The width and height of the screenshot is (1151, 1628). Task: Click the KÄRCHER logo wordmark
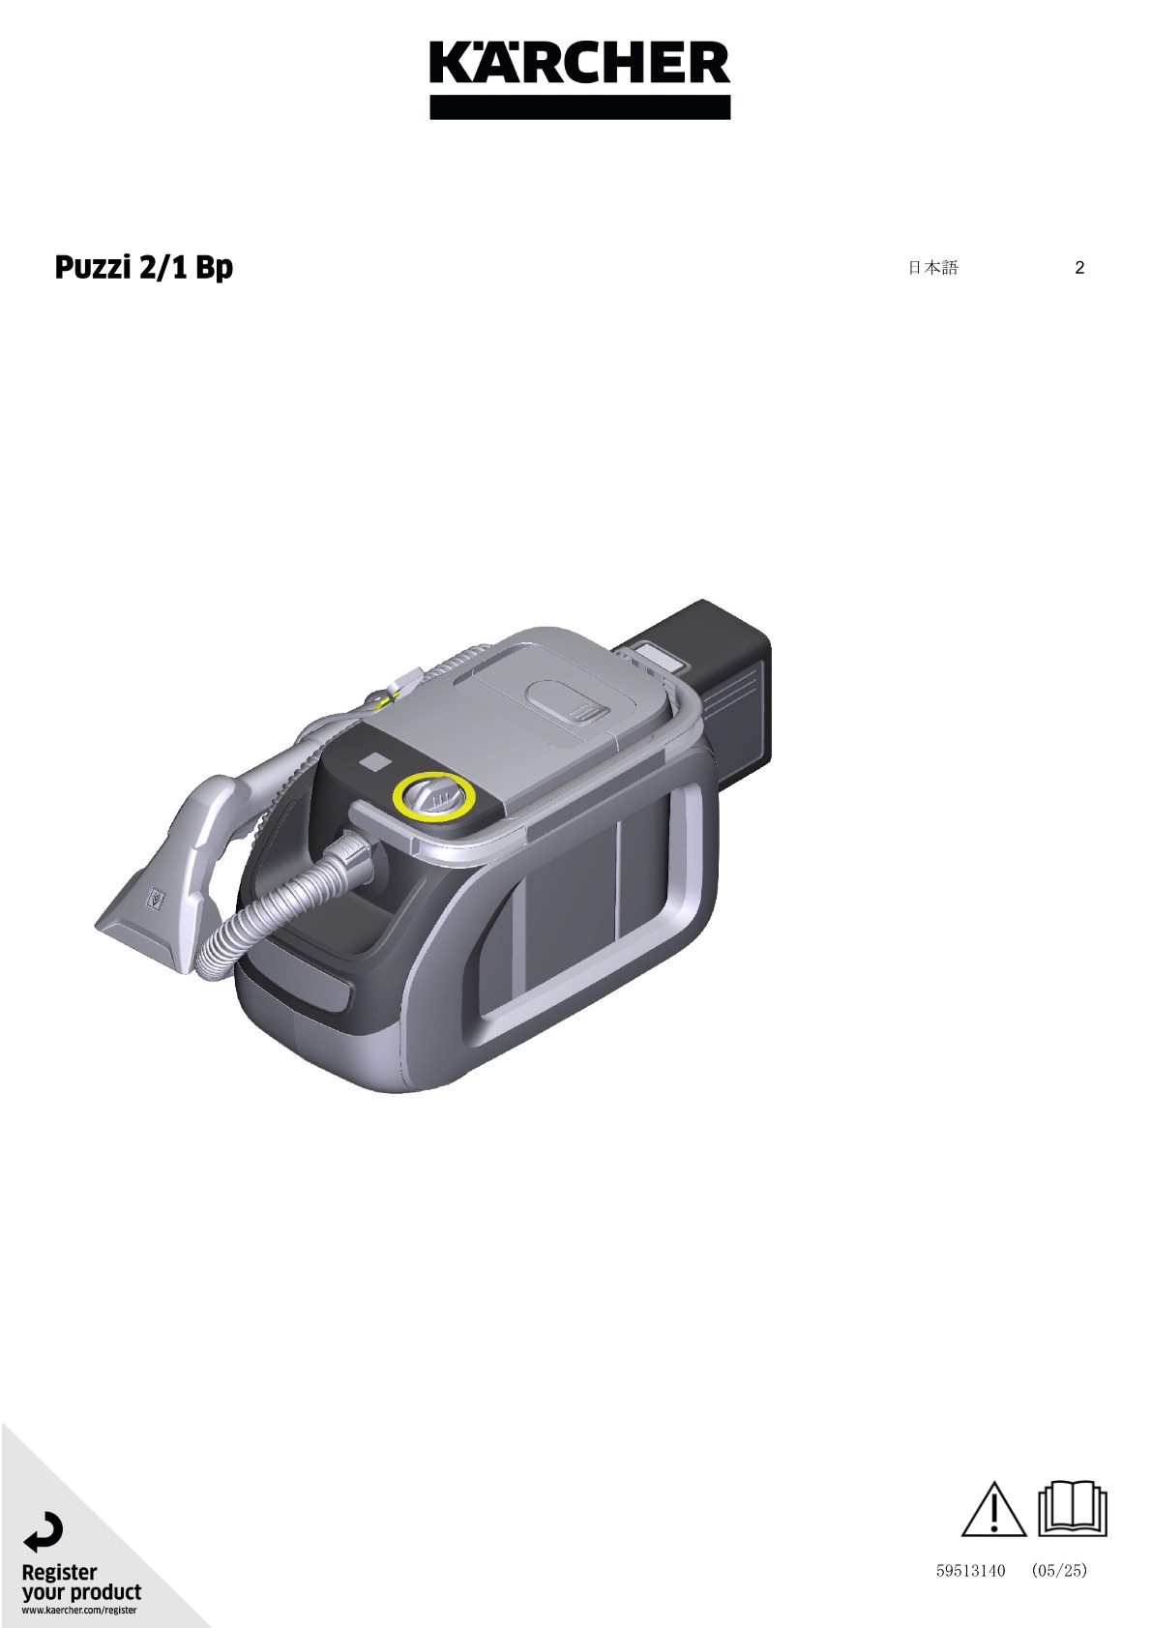pyautogui.click(x=580, y=63)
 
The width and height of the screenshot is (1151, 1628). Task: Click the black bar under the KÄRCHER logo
pyautogui.click(x=580, y=106)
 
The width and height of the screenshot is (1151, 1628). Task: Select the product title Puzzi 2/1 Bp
pyautogui.click(x=144, y=267)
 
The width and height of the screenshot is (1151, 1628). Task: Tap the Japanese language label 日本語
pyautogui.click(x=933, y=267)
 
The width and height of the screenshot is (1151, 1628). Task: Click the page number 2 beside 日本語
pyautogui.click(x=1079, y=267)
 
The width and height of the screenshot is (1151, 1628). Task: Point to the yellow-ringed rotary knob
pyautogui.click(x=434, y=795)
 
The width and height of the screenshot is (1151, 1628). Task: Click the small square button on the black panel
pyautogui.click(x=375, y=761)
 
